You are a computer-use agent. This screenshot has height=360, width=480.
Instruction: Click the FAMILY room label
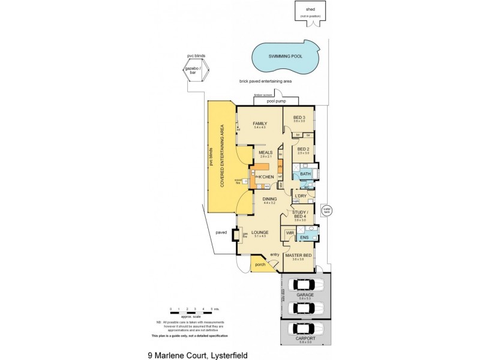pos(259,124)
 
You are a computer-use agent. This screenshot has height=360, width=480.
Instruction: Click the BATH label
pos(305,174)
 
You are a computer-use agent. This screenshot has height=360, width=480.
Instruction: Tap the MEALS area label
pos(266,152)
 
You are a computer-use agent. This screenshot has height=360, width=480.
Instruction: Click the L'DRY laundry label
pos(301,196)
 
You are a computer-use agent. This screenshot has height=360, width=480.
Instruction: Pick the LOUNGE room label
pos(260,232)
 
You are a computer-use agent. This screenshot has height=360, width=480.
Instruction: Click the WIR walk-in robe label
pos(289,232)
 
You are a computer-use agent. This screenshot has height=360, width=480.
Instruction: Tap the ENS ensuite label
pos(305,237)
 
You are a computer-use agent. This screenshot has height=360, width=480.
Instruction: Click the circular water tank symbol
pos(326,210)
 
